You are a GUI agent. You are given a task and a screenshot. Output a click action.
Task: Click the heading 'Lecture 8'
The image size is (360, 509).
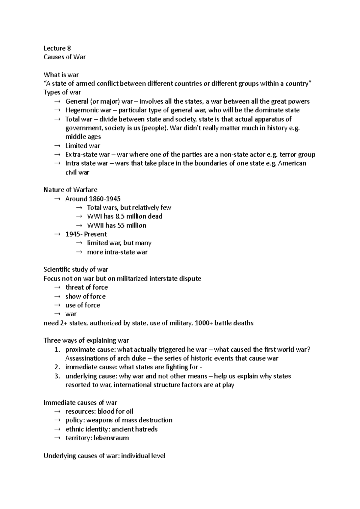coord(57,48)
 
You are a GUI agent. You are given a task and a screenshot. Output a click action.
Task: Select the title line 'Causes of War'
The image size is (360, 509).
coord(64,57)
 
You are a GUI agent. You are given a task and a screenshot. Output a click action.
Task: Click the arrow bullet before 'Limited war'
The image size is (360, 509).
coord(57,146)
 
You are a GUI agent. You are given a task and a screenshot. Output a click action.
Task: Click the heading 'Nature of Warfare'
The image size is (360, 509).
coord(70,190)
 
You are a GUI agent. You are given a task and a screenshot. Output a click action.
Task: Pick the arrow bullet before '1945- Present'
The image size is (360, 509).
coord(57,234)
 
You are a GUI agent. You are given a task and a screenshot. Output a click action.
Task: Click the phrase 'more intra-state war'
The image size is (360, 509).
coord(117,252)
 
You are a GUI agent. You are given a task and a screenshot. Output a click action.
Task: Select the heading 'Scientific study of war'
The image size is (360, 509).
coord(76,269)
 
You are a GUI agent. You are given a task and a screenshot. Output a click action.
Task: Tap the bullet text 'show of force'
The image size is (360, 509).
coord(85,296)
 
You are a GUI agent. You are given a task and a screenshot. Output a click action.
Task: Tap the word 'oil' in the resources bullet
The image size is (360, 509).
coord(129,412)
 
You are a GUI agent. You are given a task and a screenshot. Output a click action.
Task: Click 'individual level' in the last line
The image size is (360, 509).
coord(143,456)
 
